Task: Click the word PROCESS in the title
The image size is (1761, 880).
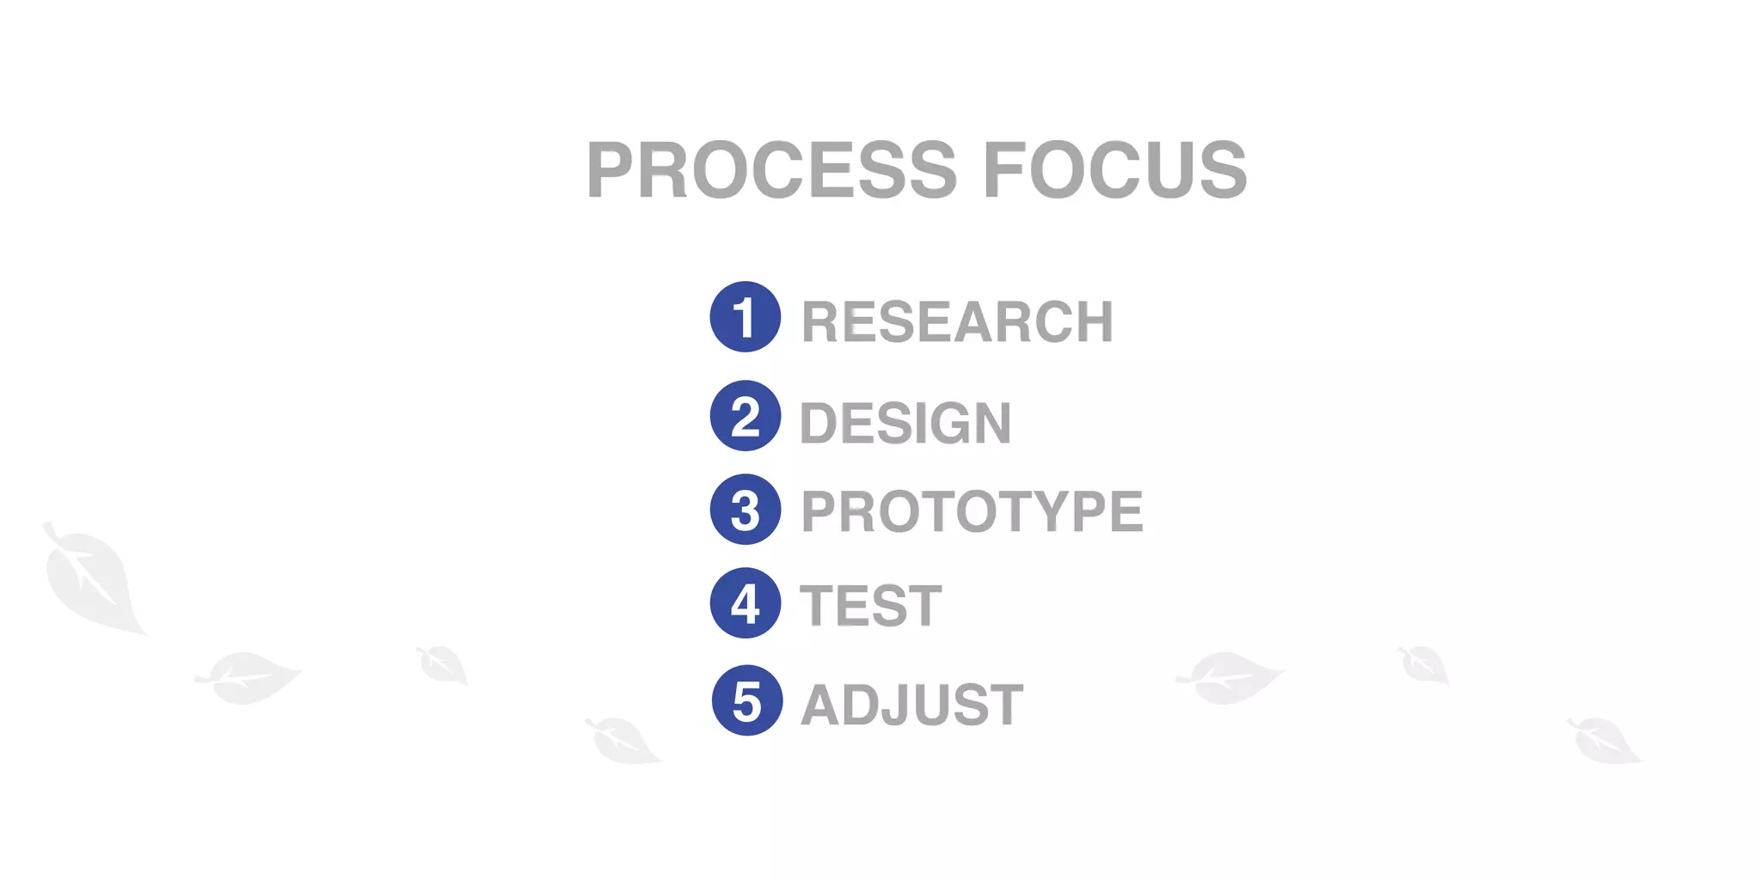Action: coord(771,170)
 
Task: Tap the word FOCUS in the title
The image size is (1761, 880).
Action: coord(1114,170)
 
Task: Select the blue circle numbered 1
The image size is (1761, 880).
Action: coord(746,317)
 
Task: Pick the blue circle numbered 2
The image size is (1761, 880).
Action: coord(746,416)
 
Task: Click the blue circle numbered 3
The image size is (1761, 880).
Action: coord(746,510)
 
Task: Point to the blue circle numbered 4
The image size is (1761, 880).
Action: coord(746,603)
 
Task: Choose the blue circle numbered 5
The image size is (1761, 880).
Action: coord(747,700)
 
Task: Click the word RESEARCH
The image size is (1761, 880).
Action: coord(957,322)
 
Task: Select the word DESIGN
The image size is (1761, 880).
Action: coord(905,424)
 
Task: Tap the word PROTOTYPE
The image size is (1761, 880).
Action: coord(972,512)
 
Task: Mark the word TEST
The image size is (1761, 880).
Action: coord(871,606)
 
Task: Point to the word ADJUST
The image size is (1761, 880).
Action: coord(911,705)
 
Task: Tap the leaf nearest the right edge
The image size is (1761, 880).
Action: coord(1604,741)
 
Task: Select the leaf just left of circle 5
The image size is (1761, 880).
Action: coord(623,741)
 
